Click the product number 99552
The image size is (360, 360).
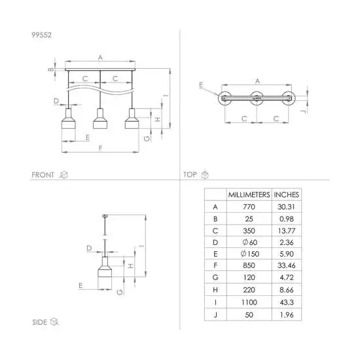(41, 35)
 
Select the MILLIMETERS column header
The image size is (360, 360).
(249, 194)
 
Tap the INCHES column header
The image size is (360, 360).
(286, 194)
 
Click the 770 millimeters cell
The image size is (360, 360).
(249, 207)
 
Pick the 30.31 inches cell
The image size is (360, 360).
(286, 207)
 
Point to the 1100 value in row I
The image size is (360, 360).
(249, 302)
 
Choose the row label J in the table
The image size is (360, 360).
(215, 315)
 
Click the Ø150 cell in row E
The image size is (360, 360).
(250, 254)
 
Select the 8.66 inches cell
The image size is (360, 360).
(287, 290)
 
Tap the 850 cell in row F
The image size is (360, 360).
(249, 265)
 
